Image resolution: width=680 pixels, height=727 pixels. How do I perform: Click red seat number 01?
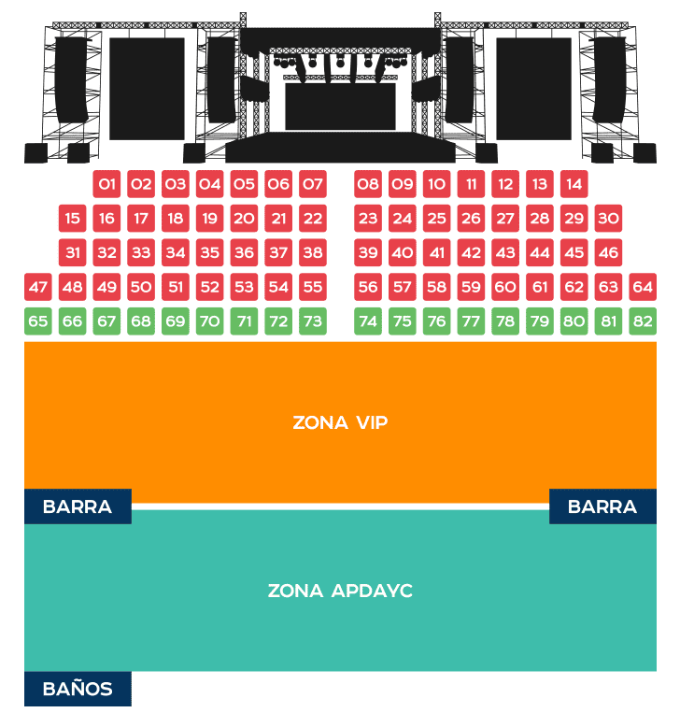pos(106,184)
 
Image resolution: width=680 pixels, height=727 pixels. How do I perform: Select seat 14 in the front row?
pos(574,184)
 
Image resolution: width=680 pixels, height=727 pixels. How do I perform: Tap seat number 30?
pos(608,219)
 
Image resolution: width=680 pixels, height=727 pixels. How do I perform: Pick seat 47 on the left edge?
pos(38,287)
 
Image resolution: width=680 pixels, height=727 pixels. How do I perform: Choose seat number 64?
pos(643,287)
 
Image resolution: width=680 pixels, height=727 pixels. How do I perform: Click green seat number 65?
pos(38,321)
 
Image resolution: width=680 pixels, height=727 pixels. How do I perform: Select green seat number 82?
pos(643,321)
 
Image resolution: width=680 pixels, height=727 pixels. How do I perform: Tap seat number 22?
pos(313,219)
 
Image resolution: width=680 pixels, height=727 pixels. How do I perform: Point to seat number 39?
pos(368,252)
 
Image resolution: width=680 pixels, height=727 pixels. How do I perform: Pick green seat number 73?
pos(313,321)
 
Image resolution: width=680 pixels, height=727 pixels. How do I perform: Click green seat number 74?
pos(368,321)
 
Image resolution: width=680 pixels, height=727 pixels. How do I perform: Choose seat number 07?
pos(313,184)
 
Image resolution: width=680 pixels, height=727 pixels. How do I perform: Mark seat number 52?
pos(210,287)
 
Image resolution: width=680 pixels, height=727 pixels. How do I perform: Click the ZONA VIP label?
pos(340,422)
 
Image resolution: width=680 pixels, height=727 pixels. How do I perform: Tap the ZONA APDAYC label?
pos(340,591)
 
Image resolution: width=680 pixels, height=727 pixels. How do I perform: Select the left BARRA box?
pos(78,506)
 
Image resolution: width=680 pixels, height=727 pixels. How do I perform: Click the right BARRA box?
pos(602,506)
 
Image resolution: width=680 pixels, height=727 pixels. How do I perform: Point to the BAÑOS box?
pos(78,689)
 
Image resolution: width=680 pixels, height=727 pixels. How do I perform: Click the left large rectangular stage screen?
pos(147,88)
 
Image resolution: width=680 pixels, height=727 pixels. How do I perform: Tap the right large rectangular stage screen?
pos(533,88)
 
